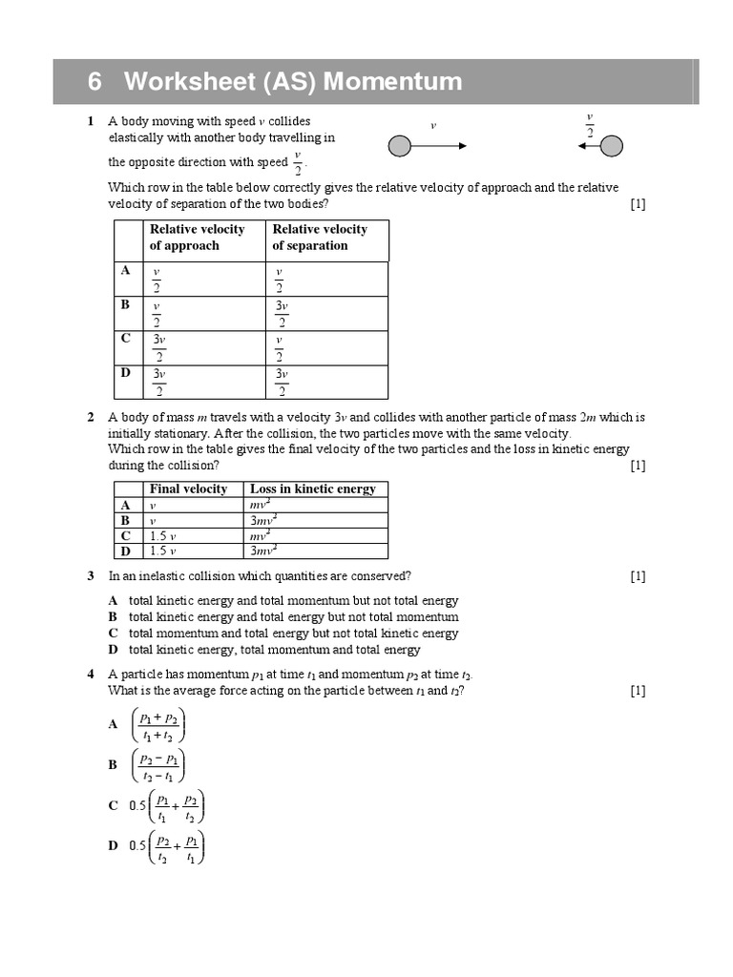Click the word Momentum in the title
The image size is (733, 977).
[x=392, y=82]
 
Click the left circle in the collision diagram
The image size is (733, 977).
[x=400, y=146]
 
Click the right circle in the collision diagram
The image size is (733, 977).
[x=612, y=145]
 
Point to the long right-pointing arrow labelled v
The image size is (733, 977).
[x=439, y=146]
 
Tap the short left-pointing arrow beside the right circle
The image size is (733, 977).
[x=588, y=146]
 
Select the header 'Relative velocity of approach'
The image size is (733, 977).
[x=197, y=238]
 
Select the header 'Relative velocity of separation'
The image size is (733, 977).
[x=320, y=238]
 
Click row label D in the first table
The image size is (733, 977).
[x=125, y=373]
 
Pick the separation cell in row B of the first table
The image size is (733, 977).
[x=282, y=314]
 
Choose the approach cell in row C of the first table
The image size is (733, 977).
[x=159, y=348]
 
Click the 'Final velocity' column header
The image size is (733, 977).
[x=189, y=488]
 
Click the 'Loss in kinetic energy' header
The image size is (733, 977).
[x=313, y=488]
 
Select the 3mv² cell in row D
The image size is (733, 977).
[x=263, y=551]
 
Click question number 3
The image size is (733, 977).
[x=90, y=576]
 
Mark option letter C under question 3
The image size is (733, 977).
[x=113, y=634]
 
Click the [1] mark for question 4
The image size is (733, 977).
[x=638, y=691]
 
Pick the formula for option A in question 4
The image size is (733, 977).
[x=159, y=725]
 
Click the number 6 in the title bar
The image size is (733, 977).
[x=94, y=82]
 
